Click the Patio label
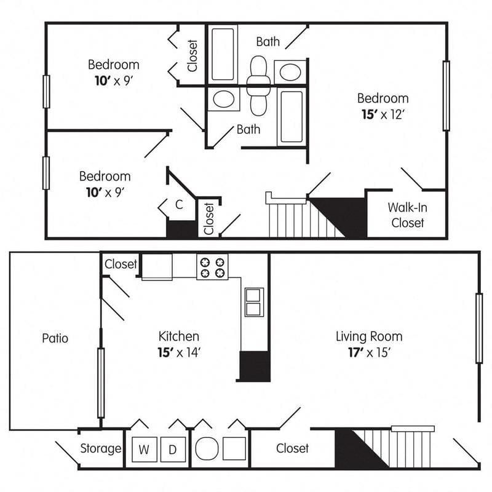point(55,338)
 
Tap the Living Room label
point(369,336)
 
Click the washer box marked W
point(143,449)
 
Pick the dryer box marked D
point(173,449)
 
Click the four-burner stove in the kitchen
point(212,266)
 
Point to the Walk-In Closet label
point(407,215)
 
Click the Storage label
point(101,448)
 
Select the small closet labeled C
point(178,205)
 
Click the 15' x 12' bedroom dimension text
point(383,114)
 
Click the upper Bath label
point(268,42)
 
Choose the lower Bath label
point(248,129)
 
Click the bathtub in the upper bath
point(223,54)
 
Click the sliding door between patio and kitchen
point(101,383)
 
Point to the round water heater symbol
point(205,448)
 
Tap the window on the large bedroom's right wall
point(446,95)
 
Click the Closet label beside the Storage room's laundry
point(292,448)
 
